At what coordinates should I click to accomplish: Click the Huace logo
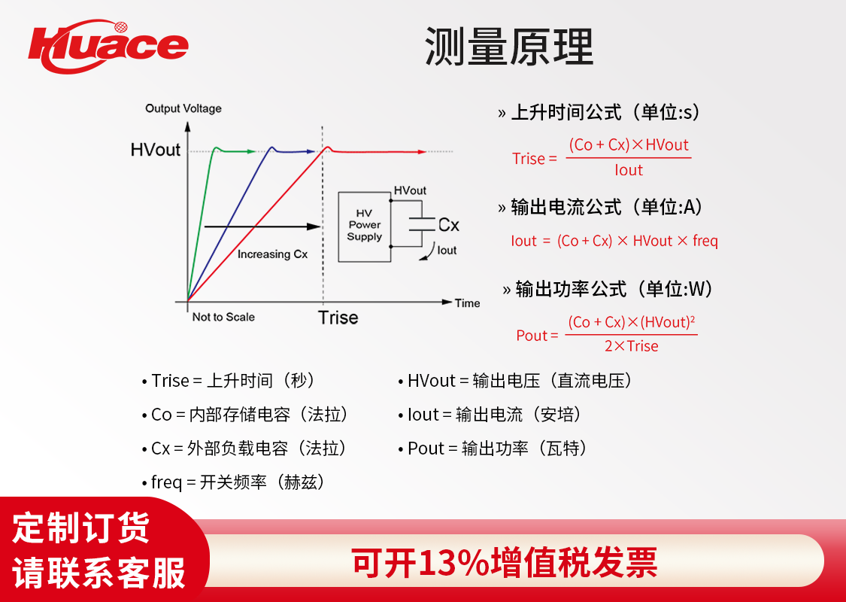tap(108, 47)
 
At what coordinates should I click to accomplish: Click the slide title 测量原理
tap(509, 46)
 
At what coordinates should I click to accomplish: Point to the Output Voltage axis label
tap(183, 108)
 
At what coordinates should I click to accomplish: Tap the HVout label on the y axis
tap(156, 150)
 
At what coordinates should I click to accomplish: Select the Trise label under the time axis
tap(338, 318)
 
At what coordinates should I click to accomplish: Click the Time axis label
tap(467, 303)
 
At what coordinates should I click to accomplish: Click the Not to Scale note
tap(223, 317)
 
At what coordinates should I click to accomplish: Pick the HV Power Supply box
tap(364, 227)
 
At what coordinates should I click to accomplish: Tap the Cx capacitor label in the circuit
tap(448, 224)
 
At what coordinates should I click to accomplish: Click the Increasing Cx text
tap(272, 254)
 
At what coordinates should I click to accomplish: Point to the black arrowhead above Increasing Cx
tap(314, 227)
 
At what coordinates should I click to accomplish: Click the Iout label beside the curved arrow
tap(447, 250)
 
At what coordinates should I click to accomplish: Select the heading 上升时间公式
tap(566, 112)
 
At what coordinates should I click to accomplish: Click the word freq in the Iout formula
tap(705, 241)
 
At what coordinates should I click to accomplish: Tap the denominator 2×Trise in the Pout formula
tap(631, 346)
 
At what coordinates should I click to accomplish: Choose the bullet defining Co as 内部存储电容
tap(244, 415)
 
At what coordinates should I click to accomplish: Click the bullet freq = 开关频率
tap(233, 482)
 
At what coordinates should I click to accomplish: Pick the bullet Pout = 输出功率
tap(492, 448)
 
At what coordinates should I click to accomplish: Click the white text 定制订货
tap(81, 528)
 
